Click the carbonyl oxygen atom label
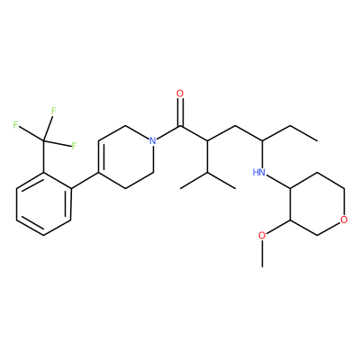[180, 94]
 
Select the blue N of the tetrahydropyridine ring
[153, 140]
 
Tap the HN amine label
[259, 172]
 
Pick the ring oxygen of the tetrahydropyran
[344, 220]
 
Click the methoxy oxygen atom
[262, 236]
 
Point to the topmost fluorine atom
[54, 111]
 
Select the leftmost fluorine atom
[15, 125]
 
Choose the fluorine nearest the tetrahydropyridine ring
[74, 147]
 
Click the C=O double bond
[180, 112]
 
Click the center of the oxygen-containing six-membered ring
[317, 204]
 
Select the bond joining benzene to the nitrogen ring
[85, 181]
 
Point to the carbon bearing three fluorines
[44, 140]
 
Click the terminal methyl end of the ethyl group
[317, 140]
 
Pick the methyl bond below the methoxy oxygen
[262, 254]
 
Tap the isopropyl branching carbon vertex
[208, 173]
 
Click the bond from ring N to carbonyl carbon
[168, 132]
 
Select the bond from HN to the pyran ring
[278, 182]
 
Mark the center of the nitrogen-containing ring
[126, 157]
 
